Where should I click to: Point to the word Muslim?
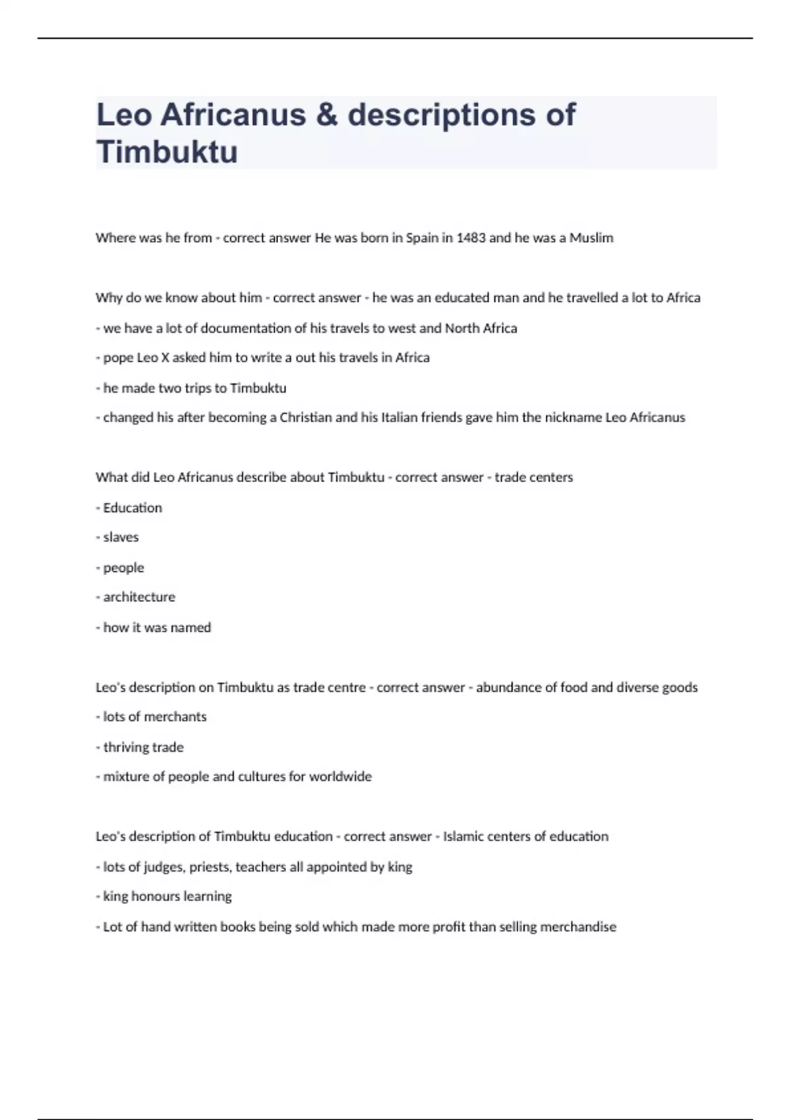pos(591,238)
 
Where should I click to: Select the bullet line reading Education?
pos(132,508)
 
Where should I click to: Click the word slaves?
pos(121,538)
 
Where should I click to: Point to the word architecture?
pos(139,597)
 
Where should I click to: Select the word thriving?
pos(125,747)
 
